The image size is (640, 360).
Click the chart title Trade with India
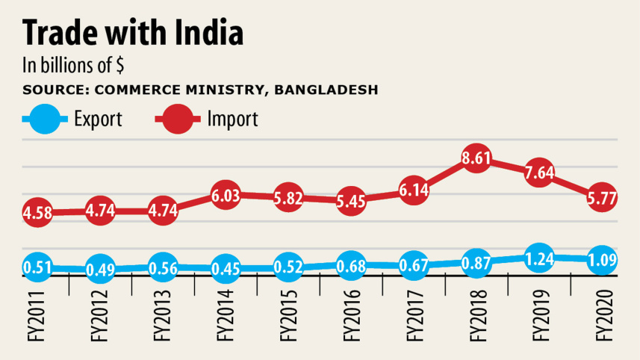click(x=133, y=34)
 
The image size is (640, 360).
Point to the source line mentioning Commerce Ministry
click(x=200, y=90)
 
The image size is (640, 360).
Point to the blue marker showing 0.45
click(x=226, y=268)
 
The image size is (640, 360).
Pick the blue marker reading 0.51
click(x=37, y=267)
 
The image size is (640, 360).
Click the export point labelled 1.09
click(x=601, y=259)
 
